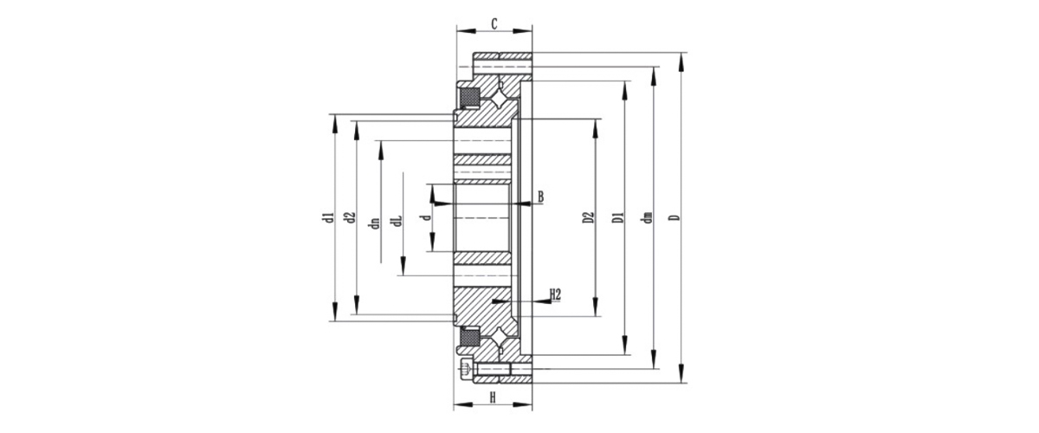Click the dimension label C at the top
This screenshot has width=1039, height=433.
[494, 23]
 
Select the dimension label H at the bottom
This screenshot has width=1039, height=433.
[493, 397]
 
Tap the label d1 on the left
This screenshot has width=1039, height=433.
[328, 217]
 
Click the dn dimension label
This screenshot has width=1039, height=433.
[375, 223]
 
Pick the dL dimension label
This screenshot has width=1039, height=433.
[397, 221]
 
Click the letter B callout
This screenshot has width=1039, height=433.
[540, 197]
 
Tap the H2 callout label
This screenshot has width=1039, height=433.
[555, 294]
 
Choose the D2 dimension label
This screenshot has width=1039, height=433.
[588, 217]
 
